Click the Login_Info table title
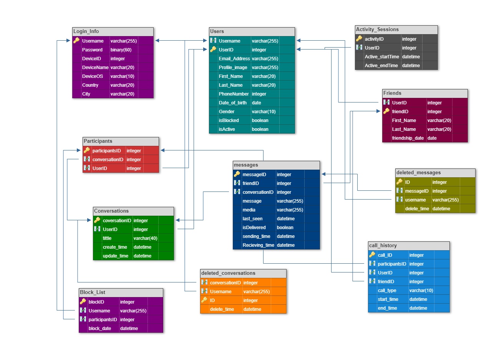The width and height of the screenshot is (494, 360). click(86, 31)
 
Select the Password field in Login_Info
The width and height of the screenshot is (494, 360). click(92, 50)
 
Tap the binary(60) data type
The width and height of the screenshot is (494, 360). click(121, 50)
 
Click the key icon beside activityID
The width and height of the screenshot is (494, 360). click(359, 39)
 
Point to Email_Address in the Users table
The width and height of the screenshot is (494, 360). click(234, 59)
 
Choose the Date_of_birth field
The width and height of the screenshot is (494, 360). click(233, 103)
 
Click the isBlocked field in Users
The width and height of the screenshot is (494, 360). click(229, 121)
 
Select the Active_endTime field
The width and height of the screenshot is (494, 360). click(381, 66)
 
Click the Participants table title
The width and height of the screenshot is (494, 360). click(98, 141)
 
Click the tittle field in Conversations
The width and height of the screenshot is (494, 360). click(107, 238)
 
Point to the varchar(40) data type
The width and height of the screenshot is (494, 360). click(145, 238)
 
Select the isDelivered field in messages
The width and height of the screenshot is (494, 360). click(254, 228)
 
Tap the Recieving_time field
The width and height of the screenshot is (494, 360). click(258, 245)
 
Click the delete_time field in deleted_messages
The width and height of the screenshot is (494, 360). click(417, 209)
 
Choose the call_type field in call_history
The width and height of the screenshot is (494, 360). click(387, 291)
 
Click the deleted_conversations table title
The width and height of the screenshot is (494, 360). click(228, 273)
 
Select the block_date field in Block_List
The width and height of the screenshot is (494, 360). click(100, 329)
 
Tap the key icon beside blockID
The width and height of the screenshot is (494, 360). click(83, 302)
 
